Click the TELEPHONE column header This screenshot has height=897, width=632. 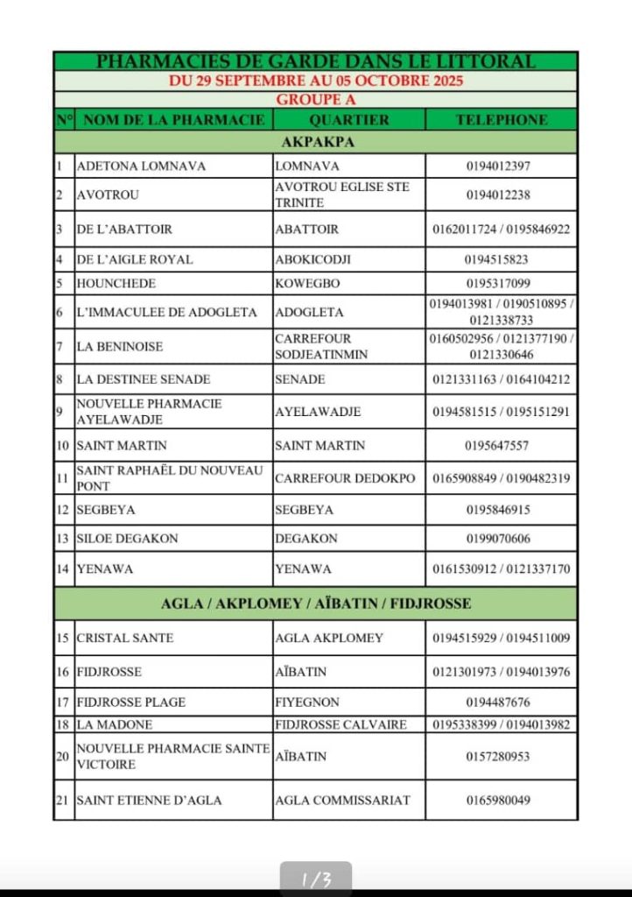tap(501, 120)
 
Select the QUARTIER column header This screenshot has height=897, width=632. tap(348, 120)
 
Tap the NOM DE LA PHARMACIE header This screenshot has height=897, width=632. tap(173, 120)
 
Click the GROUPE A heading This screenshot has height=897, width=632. tap(315, 100)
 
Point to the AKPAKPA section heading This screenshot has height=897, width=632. tap(317, 142)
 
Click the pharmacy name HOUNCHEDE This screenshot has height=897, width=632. tap(116, 284)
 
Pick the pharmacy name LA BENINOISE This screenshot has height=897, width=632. tap(120, 347)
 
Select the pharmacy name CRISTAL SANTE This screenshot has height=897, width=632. tap(124, 638)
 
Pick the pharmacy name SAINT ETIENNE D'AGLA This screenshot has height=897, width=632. tap(149, 800)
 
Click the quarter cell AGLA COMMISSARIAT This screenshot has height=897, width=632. tap(342, 800)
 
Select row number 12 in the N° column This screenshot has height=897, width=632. tap(63, 510)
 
